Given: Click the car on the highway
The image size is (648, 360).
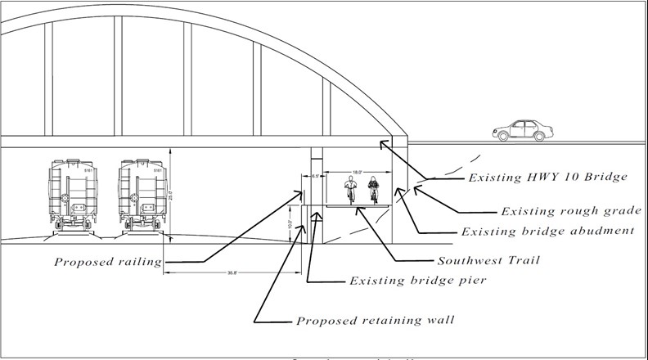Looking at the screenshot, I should point(522,129).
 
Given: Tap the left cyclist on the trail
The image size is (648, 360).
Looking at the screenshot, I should point(351,189).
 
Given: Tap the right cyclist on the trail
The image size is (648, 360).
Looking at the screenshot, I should point(374,189).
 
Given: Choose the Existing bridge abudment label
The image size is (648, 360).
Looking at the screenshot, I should point(548,232).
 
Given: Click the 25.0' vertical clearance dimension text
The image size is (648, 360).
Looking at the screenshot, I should point(170,196).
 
